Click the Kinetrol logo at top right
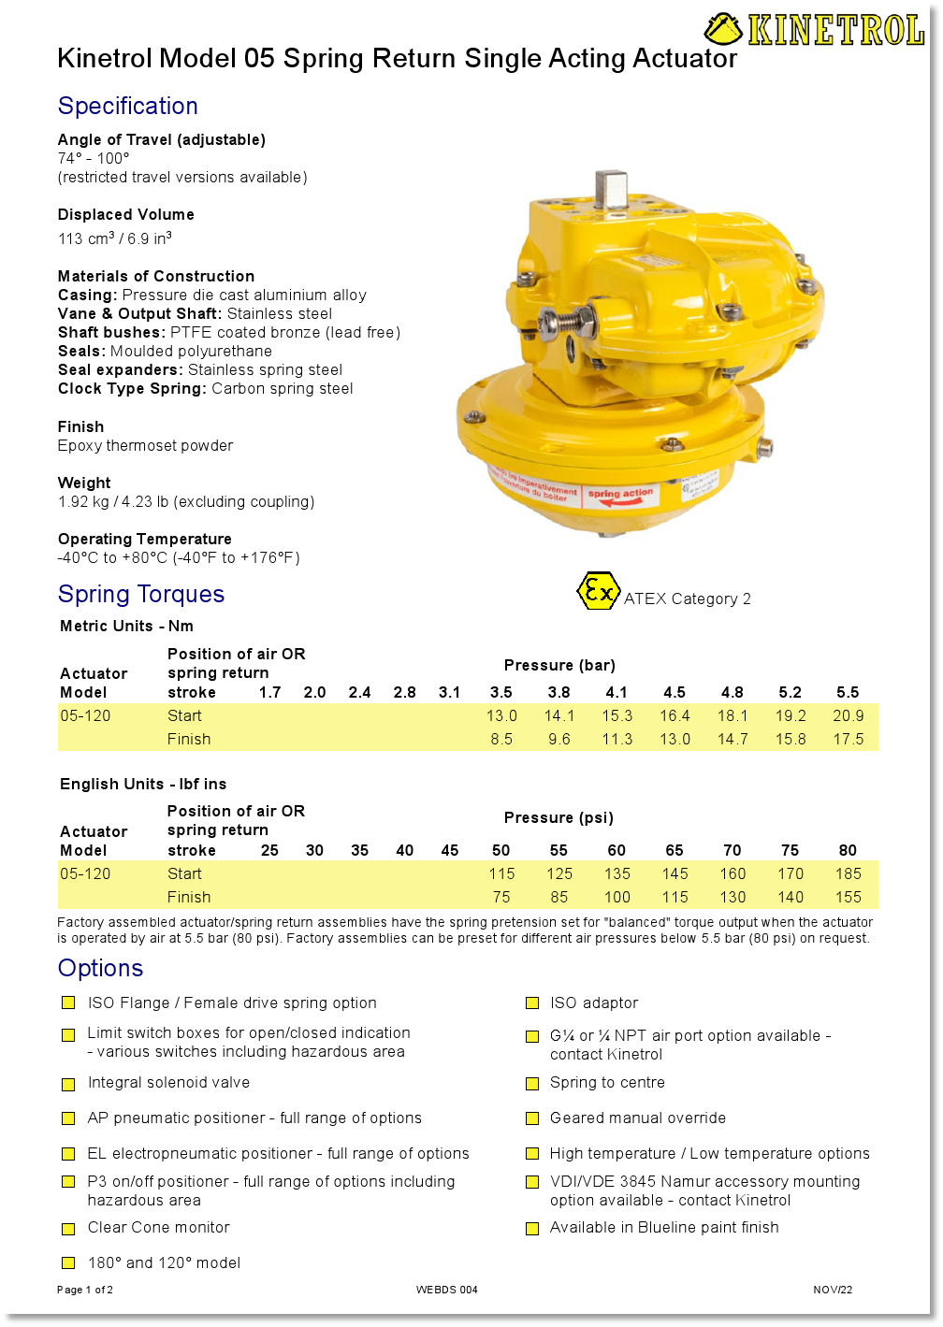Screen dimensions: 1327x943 [x=815, y=29]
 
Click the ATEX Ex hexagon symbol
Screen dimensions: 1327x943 [x=597, y=591]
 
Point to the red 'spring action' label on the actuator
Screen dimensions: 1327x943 [x=620, y=495]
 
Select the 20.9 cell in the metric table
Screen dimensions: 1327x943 [x=848, y=715]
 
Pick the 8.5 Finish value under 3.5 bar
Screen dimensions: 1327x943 [x=501, y=739]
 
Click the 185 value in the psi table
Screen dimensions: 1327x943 [x=848, y=873]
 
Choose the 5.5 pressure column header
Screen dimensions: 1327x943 [x=848, y=692]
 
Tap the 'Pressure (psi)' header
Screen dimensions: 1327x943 [x=559, y=817]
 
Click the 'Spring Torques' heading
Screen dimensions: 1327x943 [x=141, y=594]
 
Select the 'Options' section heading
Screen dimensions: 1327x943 [x=100, y=968]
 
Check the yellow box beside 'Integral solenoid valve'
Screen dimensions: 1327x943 [x=68, y=1084]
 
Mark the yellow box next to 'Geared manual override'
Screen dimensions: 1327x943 [x=532, y=1118]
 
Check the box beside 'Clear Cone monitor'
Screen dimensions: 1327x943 [x=68, y=1229]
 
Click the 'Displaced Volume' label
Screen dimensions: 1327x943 [x=126, y=214]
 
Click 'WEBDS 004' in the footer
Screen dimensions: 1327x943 [x=446, y=1290]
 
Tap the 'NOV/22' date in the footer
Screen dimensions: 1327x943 [x=833, y=1290]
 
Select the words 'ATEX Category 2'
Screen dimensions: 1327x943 [x=687, y=599]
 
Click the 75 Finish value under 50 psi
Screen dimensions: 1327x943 [x=501, y=897]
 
